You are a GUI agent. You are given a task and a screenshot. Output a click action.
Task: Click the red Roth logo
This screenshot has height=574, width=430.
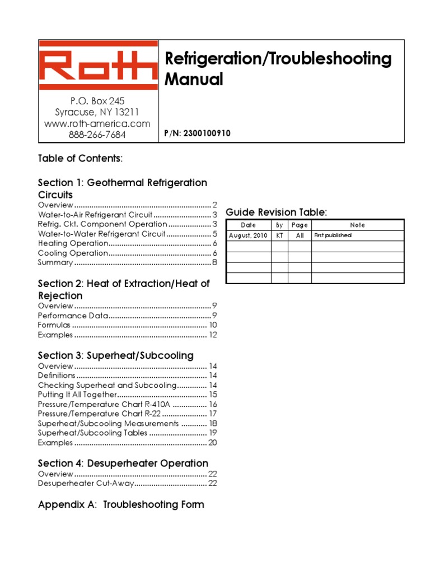pos(99,68)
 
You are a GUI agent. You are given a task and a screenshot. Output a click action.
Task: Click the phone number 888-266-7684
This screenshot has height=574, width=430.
pos(97,135)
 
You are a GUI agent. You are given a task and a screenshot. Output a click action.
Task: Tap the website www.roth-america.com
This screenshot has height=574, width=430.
pos(97,123)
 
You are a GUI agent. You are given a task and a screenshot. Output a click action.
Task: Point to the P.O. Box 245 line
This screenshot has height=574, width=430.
pos(97,101)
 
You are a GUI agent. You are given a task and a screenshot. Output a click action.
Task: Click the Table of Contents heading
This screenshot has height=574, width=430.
pos(80,158)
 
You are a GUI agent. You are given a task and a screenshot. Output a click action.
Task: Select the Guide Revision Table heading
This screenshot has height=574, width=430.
pos(276,212)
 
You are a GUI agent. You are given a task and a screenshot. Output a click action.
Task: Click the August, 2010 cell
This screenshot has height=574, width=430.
pos(248,235)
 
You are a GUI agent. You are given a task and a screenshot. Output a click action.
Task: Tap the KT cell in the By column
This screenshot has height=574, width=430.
pos(279,235)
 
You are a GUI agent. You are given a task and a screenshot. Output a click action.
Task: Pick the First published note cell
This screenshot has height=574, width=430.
pos(333,235)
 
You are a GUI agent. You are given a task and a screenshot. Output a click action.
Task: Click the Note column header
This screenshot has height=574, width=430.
pos(357,225)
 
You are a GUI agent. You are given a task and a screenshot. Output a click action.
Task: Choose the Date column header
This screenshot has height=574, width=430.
pos(248,225)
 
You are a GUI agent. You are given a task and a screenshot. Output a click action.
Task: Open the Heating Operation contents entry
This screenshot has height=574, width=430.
pos(73,243)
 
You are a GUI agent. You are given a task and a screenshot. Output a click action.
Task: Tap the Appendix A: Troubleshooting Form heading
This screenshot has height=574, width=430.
pos(121,504)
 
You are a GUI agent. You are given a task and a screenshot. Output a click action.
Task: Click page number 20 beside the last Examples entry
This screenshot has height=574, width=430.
pos(212,443)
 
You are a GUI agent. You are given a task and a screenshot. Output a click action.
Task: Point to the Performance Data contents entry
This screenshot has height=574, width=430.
pos(72,316)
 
